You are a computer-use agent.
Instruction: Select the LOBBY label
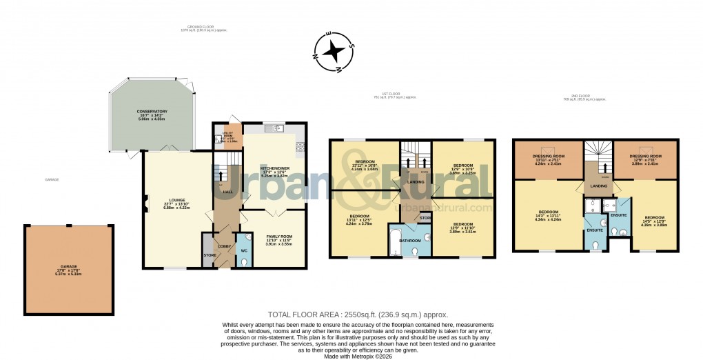pyautogui.click(x=225, y=246)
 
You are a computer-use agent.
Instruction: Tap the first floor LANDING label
pyautogui.click(x=416, y=181)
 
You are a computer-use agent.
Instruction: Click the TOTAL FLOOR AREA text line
pyautogui.click(x=351, y=314)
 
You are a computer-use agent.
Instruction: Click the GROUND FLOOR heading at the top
pyautogui.click(x=203, y=27)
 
